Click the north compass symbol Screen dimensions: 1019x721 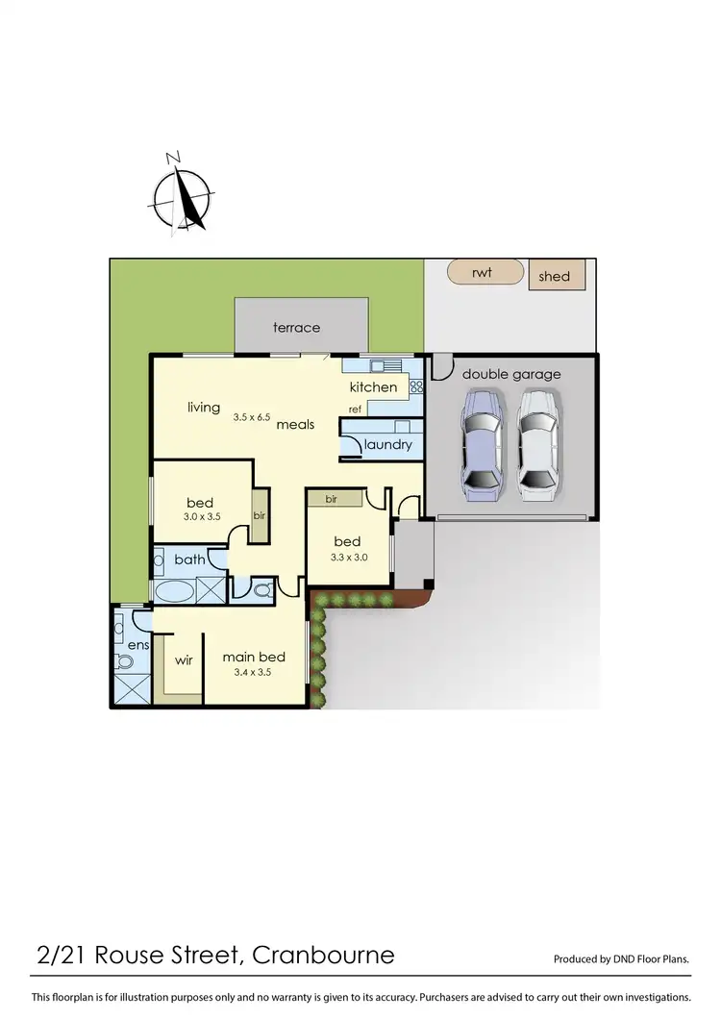click(182, 197)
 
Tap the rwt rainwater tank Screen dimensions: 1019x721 click(485, 272)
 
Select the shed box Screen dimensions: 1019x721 click(554, 276)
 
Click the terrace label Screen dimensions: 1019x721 click(296, 328)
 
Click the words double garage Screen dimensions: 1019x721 click(511, 374)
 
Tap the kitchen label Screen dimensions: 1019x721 click(373, 387)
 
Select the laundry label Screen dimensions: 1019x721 click(388, 445)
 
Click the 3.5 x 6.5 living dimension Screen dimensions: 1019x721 click(253, 417)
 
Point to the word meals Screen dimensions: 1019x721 click(296, 424)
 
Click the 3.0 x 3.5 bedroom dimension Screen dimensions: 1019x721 click(203, 516)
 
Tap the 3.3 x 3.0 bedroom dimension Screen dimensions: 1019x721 click(348, 557)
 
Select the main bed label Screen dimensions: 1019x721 click(254, 658)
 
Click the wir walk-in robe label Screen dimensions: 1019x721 click(184, 661)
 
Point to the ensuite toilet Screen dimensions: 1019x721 click(123, 660)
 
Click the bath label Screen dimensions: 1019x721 click(189, 559)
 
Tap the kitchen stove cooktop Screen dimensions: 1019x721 click(416, 386)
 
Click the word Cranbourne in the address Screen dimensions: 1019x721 click(323, 955)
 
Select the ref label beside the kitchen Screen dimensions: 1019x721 click(355, 410)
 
